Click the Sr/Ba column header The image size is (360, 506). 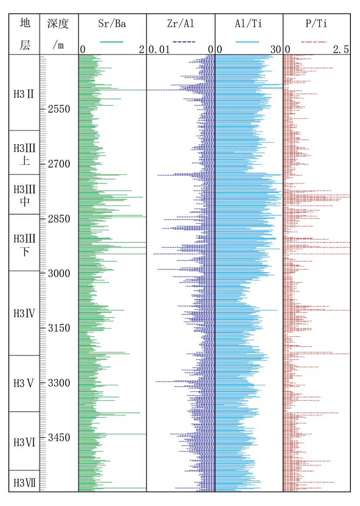tap(112, 24)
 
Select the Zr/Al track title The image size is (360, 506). tap(181, 24)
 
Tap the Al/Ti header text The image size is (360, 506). tap(249, 24)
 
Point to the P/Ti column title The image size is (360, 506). tap(316, 24)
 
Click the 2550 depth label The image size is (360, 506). tap(59, 109)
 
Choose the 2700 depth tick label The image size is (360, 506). tap(59, 164)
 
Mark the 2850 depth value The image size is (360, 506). tap(59, 219)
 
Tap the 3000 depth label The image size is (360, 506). tap(59, 274)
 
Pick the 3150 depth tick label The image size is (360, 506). tap(59, 328)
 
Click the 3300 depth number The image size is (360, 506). tap(59, 383)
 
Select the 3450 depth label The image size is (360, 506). tap(59, 438)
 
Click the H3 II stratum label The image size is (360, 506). tap(24, 94)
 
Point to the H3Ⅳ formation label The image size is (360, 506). tap(24, 314)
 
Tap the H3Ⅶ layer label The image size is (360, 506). tap(24, 483)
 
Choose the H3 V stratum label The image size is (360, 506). tap(24, 384)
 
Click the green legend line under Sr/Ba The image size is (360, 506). tap(111, 42)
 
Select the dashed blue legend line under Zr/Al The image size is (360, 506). tap(184, 42)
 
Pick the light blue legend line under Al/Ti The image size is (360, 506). tap(247, 42)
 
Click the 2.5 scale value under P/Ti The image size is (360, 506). tap(341, 50)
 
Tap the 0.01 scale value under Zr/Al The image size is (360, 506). tap(159, 50)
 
